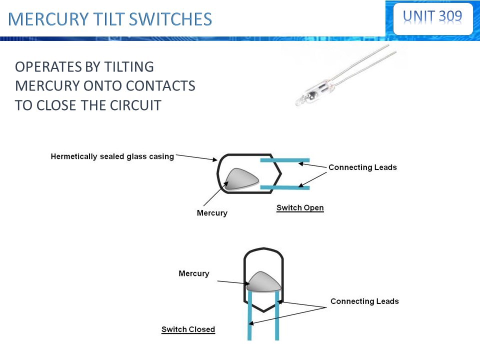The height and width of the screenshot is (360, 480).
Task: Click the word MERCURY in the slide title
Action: pyautogui.click(x=48, y=19)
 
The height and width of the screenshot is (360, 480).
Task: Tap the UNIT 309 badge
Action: pyautogui.click(x=432, y=18)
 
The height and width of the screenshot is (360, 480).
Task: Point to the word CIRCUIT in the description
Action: pyautogui.click(x=135, y=105)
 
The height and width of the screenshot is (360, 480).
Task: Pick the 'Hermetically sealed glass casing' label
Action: pyautogui.click(x=112, y=156)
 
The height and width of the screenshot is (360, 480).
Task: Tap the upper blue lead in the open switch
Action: pyautogui.click(x=285, y=160)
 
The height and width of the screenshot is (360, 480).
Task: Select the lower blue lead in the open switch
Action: pyautogui.click(x=285, y=187)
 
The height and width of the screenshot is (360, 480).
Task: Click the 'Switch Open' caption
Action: pyautogui.click(x=300, y=208)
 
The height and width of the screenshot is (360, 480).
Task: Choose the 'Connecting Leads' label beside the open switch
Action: pyautogui.click(x=363, y=167)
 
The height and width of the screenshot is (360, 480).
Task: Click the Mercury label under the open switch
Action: pyautogui.click(x=212, y=213)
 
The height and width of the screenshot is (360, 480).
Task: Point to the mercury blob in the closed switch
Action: pyautogui.click(x=264, y=282)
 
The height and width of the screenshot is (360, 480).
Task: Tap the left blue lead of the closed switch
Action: pyautogui.click(x=249, y=316)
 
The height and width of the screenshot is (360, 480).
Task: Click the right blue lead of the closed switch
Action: pyautogui.click(x=277, y=316)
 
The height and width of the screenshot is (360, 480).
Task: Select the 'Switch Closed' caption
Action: pyautogui.click(x=188, y=329)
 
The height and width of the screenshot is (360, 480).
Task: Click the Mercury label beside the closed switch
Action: pyautogui.click(x=194, y=273)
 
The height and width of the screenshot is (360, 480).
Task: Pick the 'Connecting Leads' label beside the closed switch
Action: pyautogui.click(x=364, y=301)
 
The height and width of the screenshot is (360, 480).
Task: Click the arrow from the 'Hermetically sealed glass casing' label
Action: pyautogui.click(x=196, y=157)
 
